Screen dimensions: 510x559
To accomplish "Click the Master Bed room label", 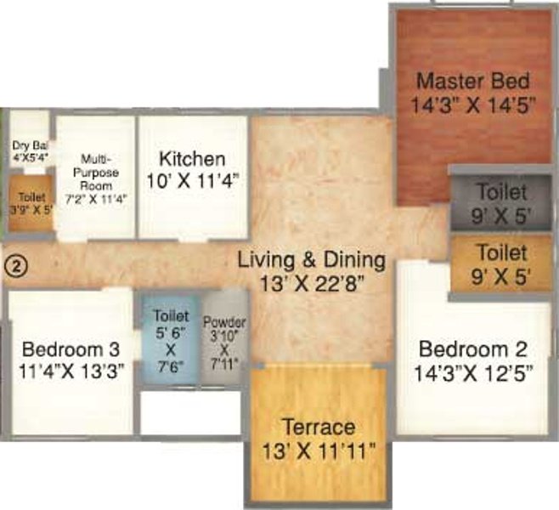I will (474, 82).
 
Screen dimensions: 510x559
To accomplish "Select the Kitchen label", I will (193, 159).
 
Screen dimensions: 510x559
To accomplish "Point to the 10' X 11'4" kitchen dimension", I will (193, 179).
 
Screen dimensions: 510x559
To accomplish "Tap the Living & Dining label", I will (311, 260).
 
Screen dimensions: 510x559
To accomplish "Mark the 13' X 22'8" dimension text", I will (311, 282).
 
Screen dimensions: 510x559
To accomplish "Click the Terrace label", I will (320, 427).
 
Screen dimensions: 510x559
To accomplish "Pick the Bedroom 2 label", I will (474, 348).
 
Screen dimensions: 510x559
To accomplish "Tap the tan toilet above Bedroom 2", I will (501, 263).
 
